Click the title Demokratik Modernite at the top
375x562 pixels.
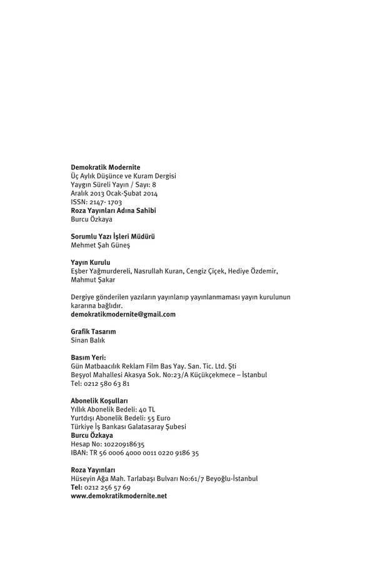point(106,167)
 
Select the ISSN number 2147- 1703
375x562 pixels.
point(106,202)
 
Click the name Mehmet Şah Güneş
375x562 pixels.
point(101,245)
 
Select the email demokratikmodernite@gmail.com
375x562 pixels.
point(124,315)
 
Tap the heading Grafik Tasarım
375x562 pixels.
point(93,332)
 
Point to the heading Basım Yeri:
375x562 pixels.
point(89,357)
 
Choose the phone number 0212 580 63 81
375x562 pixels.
point(106,383)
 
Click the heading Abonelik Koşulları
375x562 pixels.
point(99,400)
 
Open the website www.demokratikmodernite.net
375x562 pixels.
point(119,496)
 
